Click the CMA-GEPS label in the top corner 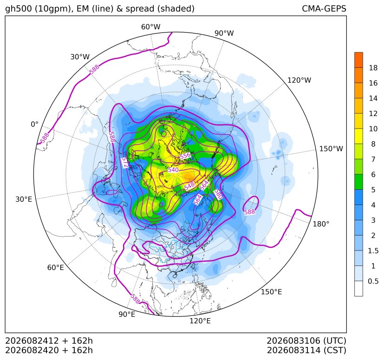324,8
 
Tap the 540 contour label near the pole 173,170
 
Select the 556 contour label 185,156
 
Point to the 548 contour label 189,186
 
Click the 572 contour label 125,162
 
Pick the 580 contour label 218,194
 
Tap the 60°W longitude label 150,27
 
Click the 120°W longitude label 299,80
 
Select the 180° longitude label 321,224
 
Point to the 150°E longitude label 271,292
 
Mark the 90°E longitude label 127,315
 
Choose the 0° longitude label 34,124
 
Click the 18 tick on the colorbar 373,68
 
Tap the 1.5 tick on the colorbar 373,251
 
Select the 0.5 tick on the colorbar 373,281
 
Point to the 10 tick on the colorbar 373,129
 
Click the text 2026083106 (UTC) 306,341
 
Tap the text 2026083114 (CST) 306,350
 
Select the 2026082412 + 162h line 49,341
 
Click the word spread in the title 139,9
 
